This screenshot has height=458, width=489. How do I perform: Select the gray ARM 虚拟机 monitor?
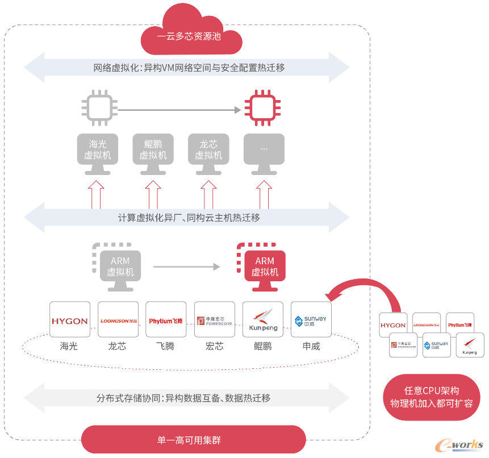tap(120, 267)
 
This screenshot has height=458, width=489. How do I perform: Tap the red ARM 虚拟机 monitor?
tap(265, 267)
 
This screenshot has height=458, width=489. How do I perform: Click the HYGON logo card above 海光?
tap(70, 320)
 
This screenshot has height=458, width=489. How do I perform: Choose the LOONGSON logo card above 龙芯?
tap(118, 320)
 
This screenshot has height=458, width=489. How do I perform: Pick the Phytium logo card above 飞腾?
tap(166, 320)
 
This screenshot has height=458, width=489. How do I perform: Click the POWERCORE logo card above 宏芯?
tap(215, 320)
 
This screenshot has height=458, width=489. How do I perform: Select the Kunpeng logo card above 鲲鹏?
tap(263, 320)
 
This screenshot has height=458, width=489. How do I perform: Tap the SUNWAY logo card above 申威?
tap(311, 320)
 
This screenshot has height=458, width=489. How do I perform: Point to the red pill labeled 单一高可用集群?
tap(194, 440)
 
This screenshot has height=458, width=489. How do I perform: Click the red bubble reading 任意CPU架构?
tap(431, 397)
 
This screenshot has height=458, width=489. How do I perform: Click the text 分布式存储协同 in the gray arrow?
tap(130, 398)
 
